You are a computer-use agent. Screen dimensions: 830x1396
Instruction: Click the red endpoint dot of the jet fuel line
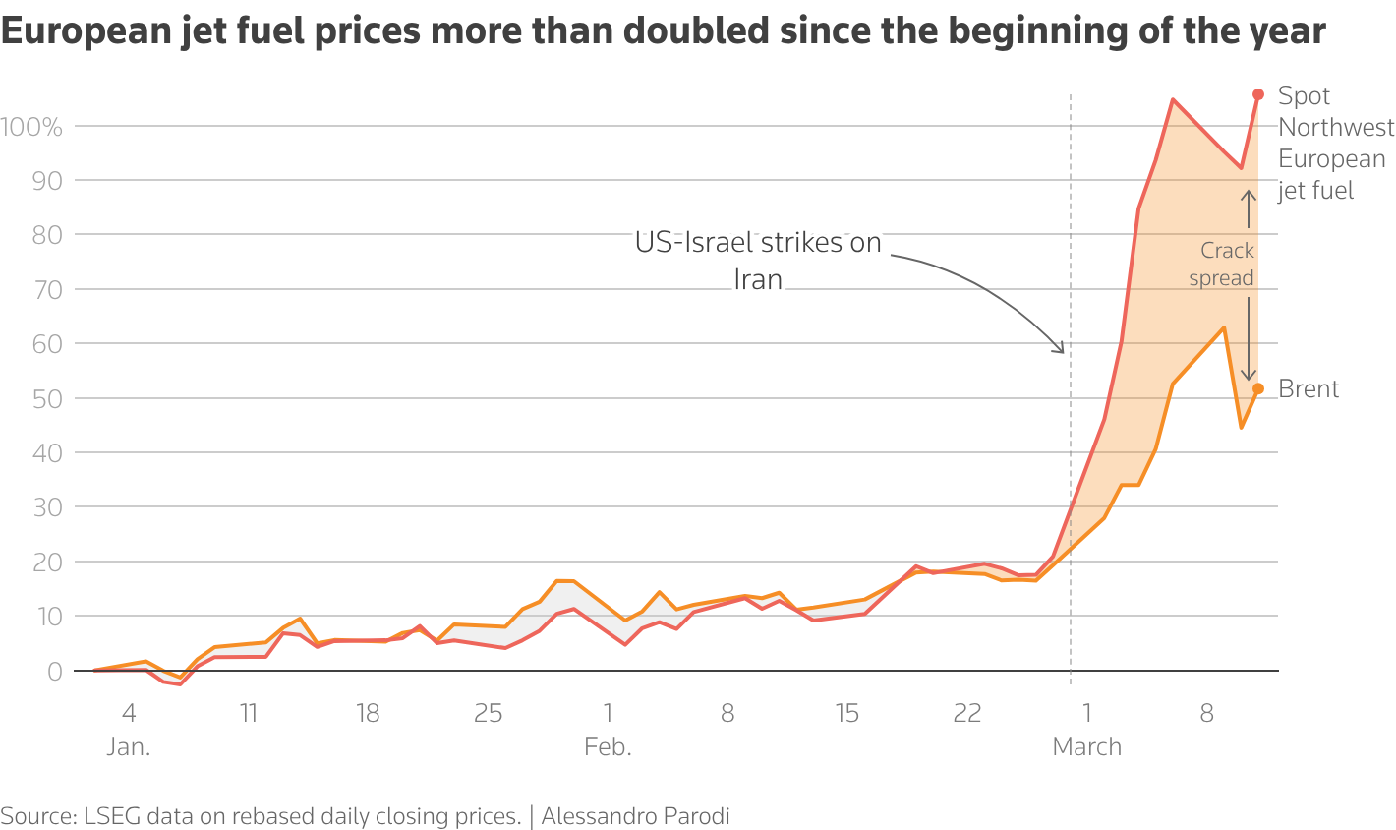tap(1257, 94)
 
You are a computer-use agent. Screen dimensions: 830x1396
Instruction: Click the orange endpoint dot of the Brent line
tap(1257, 388)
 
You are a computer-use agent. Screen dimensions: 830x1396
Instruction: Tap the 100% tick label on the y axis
tap(31, 127)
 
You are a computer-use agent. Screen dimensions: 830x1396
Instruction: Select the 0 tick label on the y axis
tap(55, 672)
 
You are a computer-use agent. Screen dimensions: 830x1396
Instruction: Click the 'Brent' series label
tap(1309, 389)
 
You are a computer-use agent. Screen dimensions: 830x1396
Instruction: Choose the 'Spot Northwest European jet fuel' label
tap(1335, 143)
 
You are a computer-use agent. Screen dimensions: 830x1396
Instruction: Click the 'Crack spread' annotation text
tap(1222, 265)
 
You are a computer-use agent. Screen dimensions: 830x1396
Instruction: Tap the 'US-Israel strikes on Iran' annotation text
tap(758, 261)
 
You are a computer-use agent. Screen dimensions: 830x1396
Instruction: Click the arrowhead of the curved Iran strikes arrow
tap(1061, 349)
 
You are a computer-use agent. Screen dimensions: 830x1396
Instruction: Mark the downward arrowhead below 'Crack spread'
tap(1249, 377)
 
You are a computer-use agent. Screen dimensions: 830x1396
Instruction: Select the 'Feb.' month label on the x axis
tap(608, 747)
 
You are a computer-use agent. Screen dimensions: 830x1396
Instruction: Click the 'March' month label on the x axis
tap(1086, 747)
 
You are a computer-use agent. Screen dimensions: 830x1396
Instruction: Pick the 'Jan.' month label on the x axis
tap(129, 747)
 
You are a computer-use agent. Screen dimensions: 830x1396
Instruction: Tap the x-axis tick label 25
tap(488, 713)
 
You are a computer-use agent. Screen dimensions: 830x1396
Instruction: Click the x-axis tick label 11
tap(249, 713)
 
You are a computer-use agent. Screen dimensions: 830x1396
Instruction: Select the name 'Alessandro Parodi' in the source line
tap(635, 815)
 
